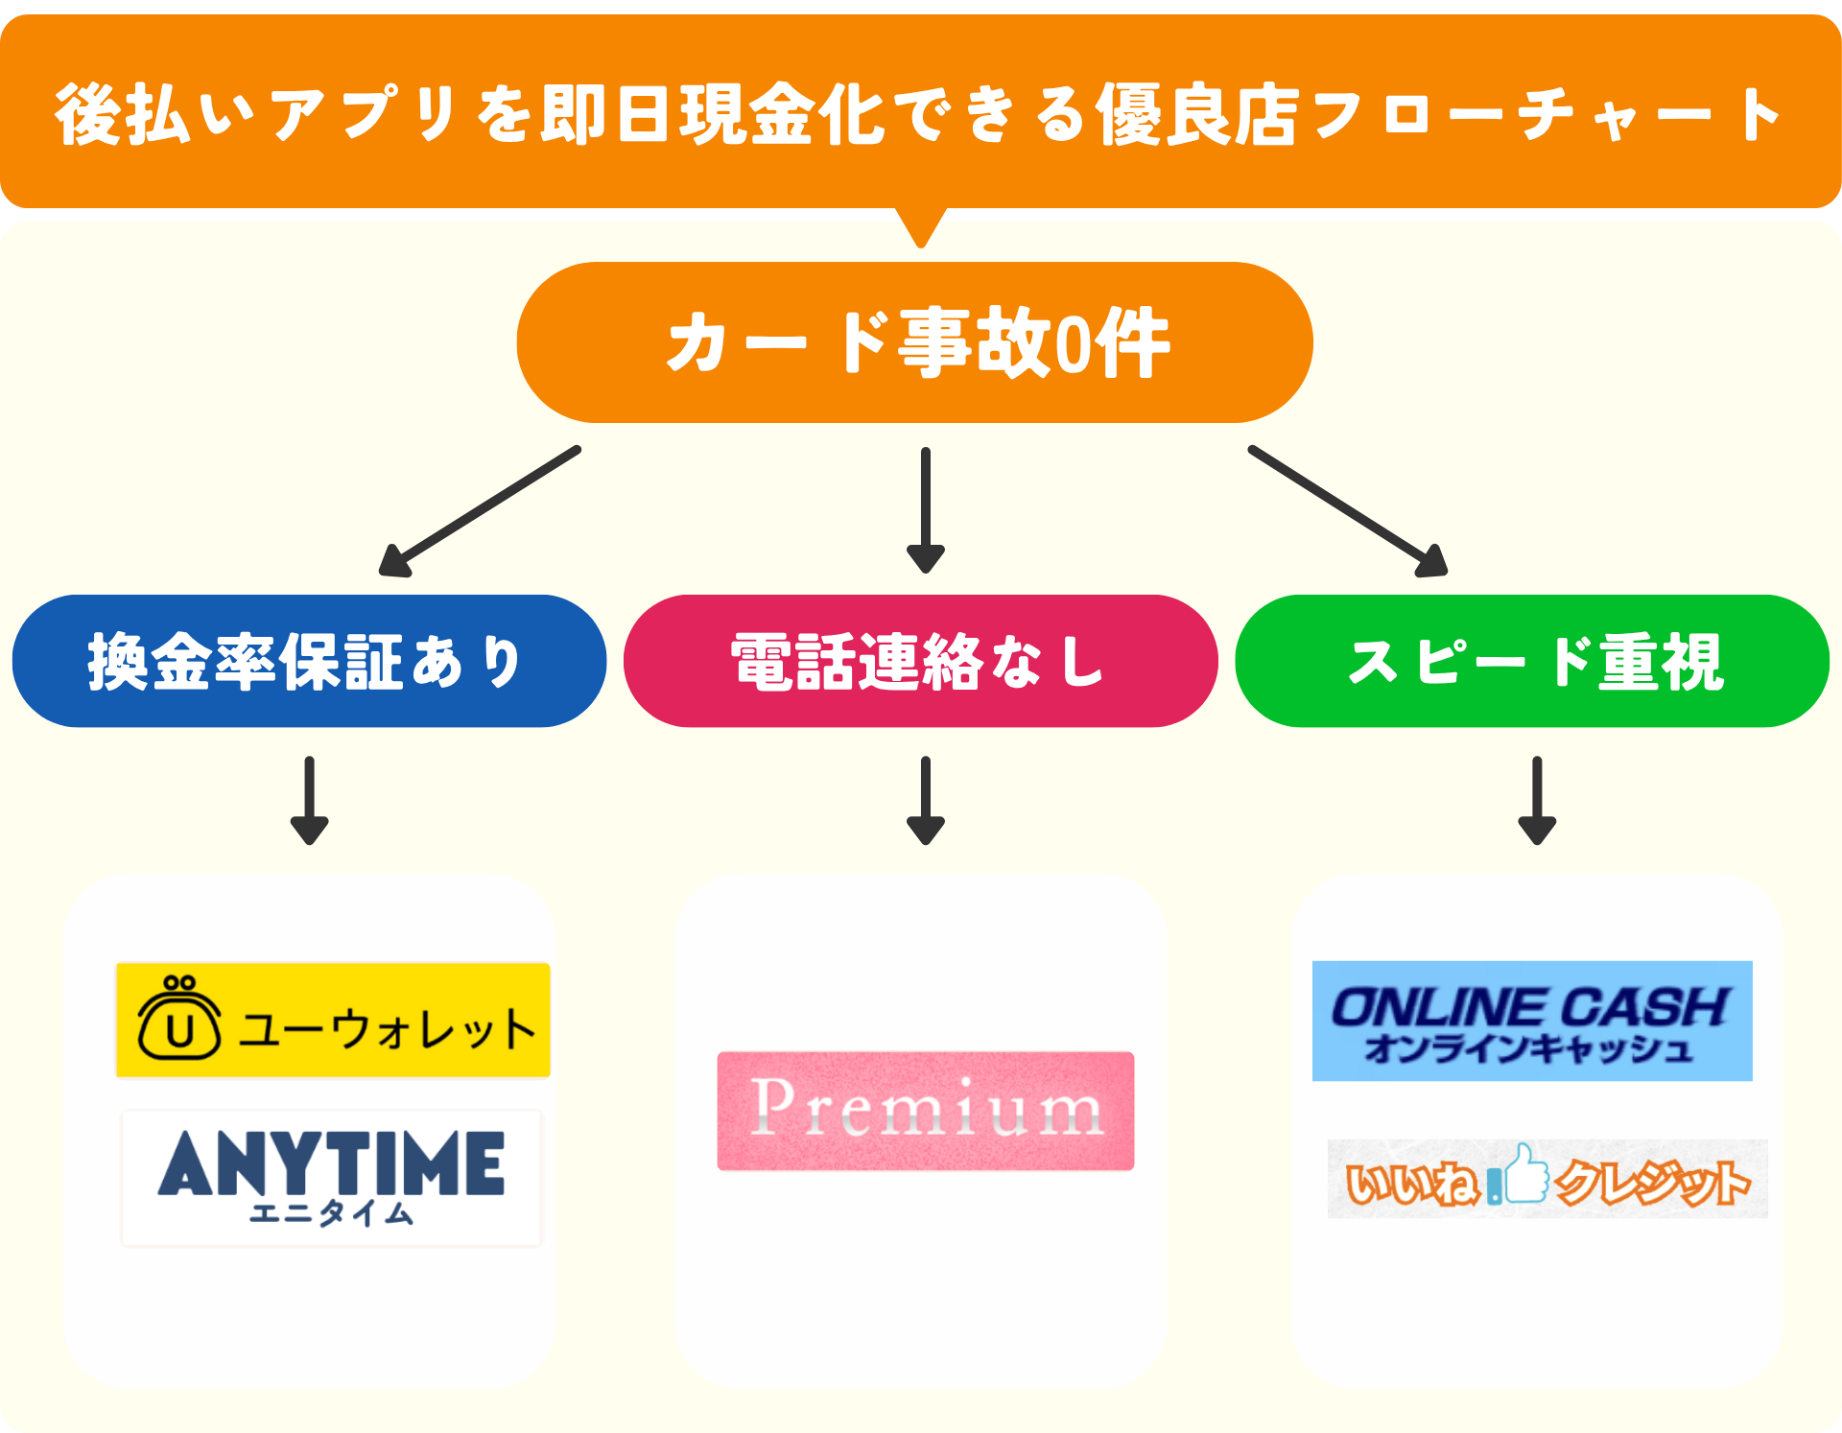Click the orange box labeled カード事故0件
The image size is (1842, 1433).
[914, 342]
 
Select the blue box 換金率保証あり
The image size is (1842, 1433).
[309, 661]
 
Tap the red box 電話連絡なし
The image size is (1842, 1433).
[920, 661]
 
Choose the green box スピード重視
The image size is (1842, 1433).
[1532, 661]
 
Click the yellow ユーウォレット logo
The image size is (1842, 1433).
[333, 1021]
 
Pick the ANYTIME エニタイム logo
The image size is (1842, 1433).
[332, 1178]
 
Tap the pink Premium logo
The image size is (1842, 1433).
[926, 1111]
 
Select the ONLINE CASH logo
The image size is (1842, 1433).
[1532, 1021]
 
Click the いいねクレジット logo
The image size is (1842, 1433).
[1547, 1180]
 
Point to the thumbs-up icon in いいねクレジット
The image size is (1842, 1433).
[1525, 1174]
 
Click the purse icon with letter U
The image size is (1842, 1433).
[179, 1021]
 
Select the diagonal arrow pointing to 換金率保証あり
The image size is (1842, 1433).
[480, 510]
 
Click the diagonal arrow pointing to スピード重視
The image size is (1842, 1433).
[1348, 510]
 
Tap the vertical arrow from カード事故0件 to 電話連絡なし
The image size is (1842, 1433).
[926, 508]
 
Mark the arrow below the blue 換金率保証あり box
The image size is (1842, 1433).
[309, 800]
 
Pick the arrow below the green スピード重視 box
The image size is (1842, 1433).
[1537, 800]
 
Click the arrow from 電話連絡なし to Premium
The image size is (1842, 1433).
[926, 800]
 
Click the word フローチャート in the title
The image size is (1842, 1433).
[1545, 115]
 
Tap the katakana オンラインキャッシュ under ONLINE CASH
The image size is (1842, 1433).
[1528, 1049]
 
